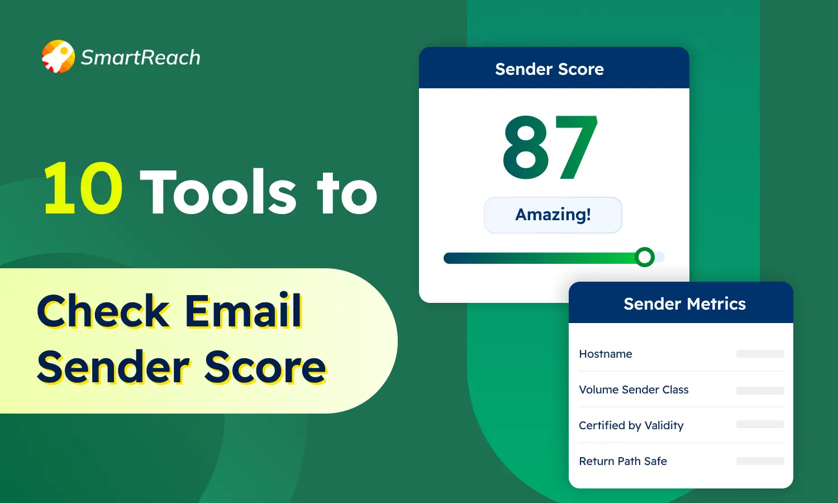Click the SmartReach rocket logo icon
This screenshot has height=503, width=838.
58,56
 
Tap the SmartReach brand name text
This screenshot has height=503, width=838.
140,58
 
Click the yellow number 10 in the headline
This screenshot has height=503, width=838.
83,189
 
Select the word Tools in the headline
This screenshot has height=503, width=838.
218,192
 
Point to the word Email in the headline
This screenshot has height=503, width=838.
244,311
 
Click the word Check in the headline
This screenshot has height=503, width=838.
103,311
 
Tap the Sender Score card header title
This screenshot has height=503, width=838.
549,69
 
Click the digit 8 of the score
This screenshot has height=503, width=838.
526,148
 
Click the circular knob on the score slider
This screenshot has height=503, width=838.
645,257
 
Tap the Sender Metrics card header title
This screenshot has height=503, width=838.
684,303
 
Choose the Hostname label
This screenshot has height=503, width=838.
606,354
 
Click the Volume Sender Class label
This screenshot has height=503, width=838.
634,390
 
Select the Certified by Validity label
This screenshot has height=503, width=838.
631,425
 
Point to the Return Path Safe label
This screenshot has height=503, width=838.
623,461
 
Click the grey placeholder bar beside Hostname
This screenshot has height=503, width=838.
760,354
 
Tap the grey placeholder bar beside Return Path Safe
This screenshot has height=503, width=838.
760,461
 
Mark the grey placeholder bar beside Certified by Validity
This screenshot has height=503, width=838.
760,425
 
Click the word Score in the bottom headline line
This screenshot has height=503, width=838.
265,368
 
